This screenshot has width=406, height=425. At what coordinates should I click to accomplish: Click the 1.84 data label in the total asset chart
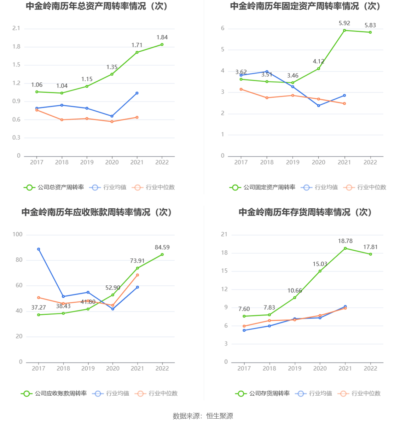pyautogui.click(x=162, y=37)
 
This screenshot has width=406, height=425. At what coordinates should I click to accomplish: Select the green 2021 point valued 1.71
pyautogui.click(x=137, y=52)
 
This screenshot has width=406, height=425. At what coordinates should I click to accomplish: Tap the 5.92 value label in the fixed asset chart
pyautogui.click(x=344, y=23)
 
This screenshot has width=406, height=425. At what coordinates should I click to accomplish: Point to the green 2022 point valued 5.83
pyautogui.click(x=370, y=32)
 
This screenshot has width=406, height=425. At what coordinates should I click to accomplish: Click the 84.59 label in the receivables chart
pyautogui.click(x=162, y=248)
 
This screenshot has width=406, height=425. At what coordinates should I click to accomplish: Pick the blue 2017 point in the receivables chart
pyautogui.click(x=39, y=249)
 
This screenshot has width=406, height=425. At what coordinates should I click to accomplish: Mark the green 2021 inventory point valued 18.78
pyautogui.click(x=345, y=248)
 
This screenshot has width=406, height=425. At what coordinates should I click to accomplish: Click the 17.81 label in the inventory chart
pyautogui.click(x=370, y=247)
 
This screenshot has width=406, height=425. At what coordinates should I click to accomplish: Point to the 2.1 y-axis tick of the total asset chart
pyautogui.click(x=16, y=28)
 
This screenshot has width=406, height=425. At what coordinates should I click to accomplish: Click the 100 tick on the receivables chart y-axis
pyautogui.click(x=17, y=234)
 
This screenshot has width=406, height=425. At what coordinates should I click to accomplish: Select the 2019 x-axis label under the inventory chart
pyautogui.click(x=295, y=368)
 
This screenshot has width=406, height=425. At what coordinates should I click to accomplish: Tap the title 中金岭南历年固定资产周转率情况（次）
pyautogui.click(x=305, y=6)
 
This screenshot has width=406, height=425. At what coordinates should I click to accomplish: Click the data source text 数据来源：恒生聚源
pyautogui.click(x=203, y=416)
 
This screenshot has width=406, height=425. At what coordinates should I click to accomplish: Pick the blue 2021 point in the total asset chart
pyautogui.click(x=137, y=93)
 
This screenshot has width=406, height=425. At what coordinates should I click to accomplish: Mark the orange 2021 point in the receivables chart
pyautogui.click(x=138, y=275)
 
